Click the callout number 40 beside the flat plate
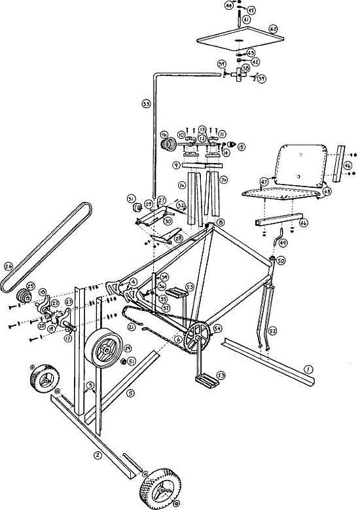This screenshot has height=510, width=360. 274,29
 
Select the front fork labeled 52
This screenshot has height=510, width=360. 268,314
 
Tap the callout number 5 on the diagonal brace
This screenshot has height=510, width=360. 130,393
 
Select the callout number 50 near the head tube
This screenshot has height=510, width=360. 280,261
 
